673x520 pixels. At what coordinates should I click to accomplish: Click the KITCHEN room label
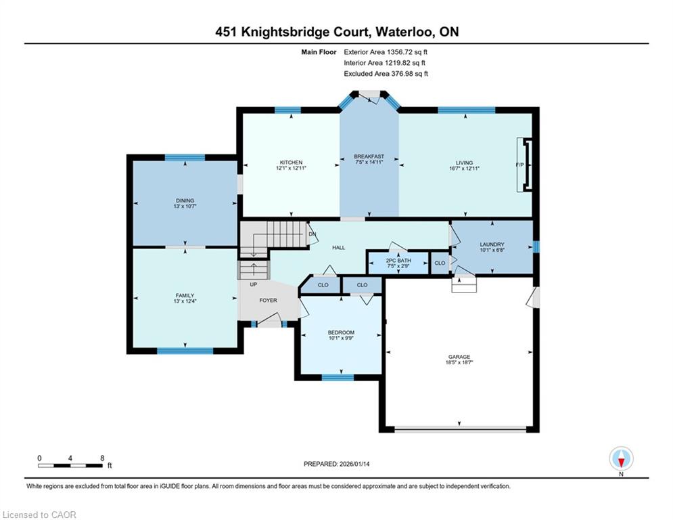(x=291, y=162)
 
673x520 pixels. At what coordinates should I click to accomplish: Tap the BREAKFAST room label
(x=369, y=156)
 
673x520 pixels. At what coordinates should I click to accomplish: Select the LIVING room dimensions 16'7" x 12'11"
(x=465, y=169)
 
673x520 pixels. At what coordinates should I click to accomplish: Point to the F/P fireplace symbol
(x=524, y=165)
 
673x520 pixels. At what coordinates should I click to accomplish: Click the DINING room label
(x=185, y=200)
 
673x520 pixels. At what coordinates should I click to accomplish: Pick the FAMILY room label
(x=185, y=295)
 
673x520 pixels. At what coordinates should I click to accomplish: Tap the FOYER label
(x=269, y=300)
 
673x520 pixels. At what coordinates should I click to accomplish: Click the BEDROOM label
(x=341, y=332)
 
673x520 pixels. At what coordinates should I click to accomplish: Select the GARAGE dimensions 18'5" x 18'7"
(x=459, y=362)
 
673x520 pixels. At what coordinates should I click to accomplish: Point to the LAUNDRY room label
(x=492, y=244)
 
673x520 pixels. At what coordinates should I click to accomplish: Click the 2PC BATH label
(x=398, y=261)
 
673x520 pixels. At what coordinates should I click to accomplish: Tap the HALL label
(x=339, y=248)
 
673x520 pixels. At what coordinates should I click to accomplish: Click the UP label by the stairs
(x=254, y=284)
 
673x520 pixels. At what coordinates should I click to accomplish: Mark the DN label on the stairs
(x=312, y=234)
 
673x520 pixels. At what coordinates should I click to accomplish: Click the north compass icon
(x=621, y=459)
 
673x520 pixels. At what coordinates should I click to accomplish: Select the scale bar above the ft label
(x=70, y=465)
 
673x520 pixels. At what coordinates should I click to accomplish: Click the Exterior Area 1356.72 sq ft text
(x=386, y=52)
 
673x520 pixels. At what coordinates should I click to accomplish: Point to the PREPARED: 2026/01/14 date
(x=337, y=464)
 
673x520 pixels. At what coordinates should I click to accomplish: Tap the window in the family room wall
(x=185, y=351)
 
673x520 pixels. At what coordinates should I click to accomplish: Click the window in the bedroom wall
(x=338, y=377)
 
